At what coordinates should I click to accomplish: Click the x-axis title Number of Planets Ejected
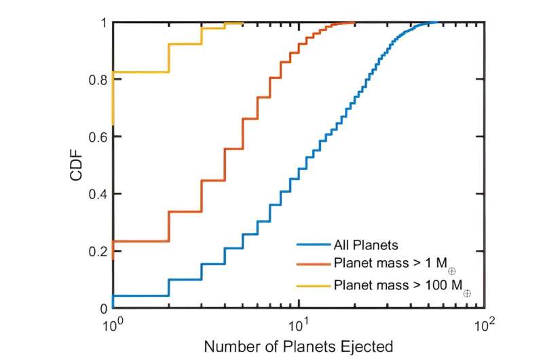[x=299, y=346]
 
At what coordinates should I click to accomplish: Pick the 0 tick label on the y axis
[x=103, y=308]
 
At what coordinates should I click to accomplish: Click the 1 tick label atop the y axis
[x=103, y=23]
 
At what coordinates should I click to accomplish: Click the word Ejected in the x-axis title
[x=367, y=346]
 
